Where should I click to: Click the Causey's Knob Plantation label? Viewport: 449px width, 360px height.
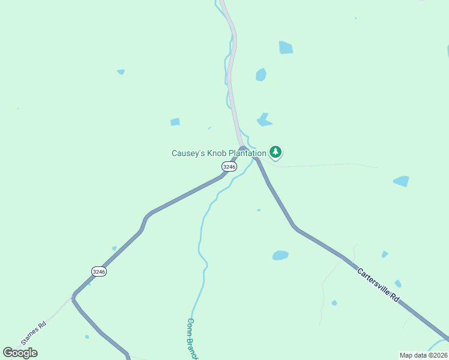[x=218, y=153]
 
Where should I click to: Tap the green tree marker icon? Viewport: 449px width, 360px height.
[x=276, y=152]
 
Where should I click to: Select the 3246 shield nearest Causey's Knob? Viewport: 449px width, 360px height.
[x=229, y=166]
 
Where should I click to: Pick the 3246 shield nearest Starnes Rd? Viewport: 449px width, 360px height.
[x=100, y=272]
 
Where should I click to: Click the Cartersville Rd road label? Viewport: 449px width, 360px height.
[x=378, y=284]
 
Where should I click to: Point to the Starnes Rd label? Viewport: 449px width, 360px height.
[x=34, y=334]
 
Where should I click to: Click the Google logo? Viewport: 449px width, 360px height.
[x=20, y=353]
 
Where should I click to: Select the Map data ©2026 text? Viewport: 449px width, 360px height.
[x=423, y=355]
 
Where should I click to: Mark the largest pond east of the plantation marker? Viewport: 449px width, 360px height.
[x=401, y=181]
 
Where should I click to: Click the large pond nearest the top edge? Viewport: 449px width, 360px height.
[x=286, y=47]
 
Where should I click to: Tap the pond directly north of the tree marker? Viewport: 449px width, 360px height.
[x=264, y=120]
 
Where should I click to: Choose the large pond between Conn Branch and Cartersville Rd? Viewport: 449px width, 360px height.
[x=280, y=255]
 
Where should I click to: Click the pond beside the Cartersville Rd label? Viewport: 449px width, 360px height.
[x=397, y=283]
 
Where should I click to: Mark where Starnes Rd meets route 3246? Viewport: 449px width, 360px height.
[x=73, y=295]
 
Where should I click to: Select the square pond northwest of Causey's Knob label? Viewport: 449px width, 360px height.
[x=175, y=122]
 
